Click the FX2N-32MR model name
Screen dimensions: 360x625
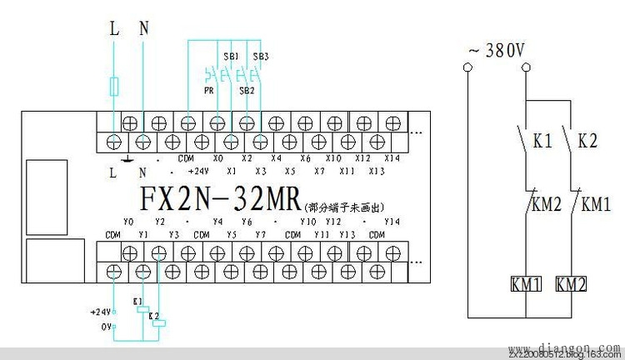point(214,201)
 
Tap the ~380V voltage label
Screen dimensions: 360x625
point(497,51)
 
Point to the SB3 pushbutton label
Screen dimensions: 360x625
point(260,57)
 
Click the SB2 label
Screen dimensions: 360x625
point(246,89)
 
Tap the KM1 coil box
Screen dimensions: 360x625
point(526,284)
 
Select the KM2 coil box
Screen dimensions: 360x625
point(571,284)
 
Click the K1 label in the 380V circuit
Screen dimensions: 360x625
point(542,142)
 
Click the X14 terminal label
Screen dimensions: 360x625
point(392,157)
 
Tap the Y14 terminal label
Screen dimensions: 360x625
point(392,222)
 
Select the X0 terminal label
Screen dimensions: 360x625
point(218,157)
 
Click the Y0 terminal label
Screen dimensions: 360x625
point(128,222)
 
